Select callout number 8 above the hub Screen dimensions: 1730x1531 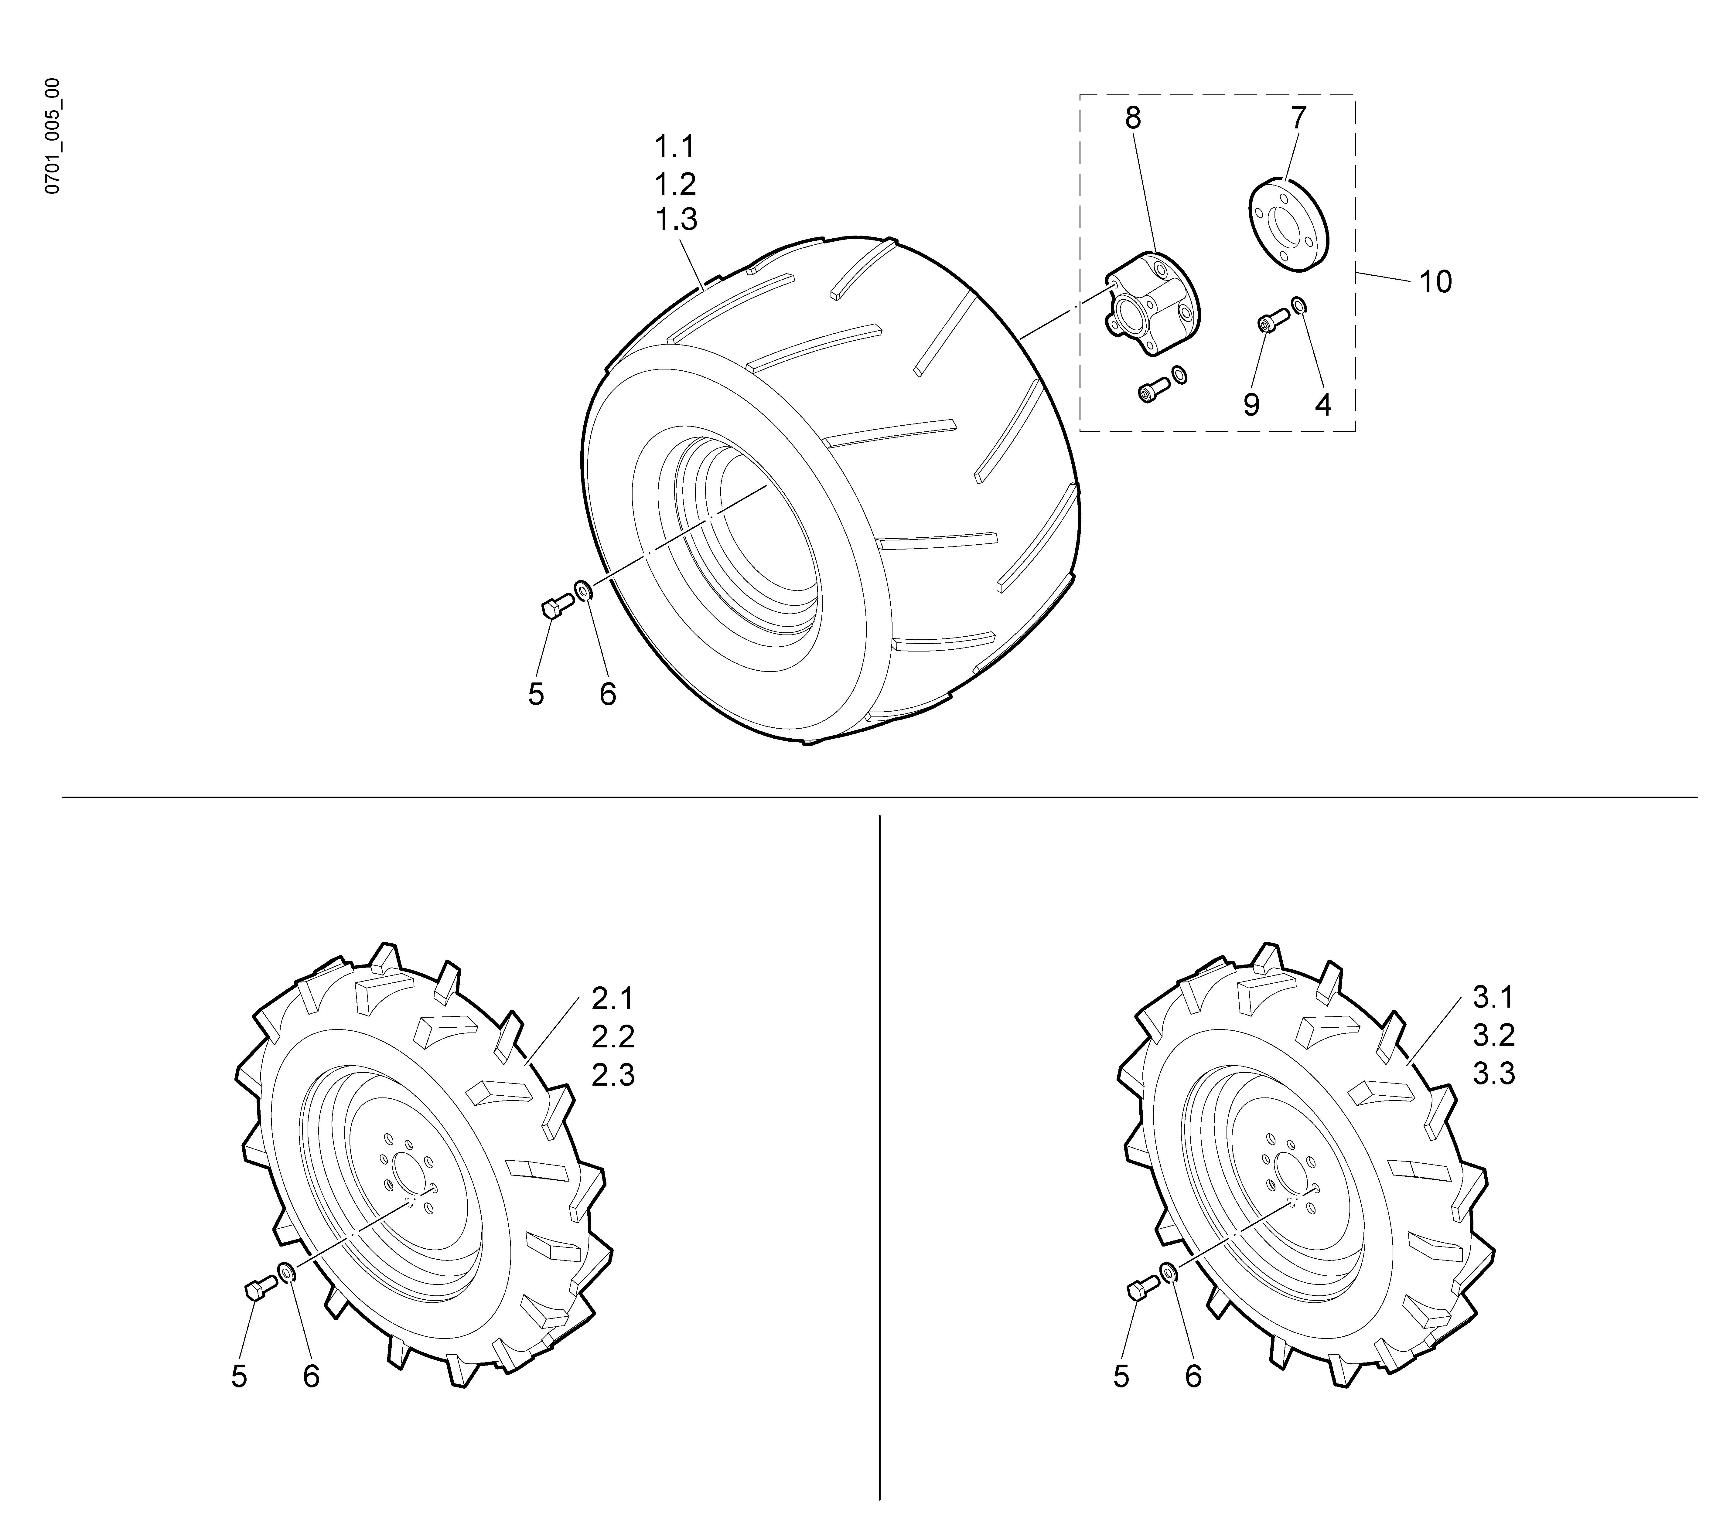pyautogui.click(x=1132, y=118)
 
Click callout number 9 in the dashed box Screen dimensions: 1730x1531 pyautogui.click(x=1251, y=405)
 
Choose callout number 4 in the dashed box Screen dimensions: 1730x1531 pyautogui.click(x=1323, y=405)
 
